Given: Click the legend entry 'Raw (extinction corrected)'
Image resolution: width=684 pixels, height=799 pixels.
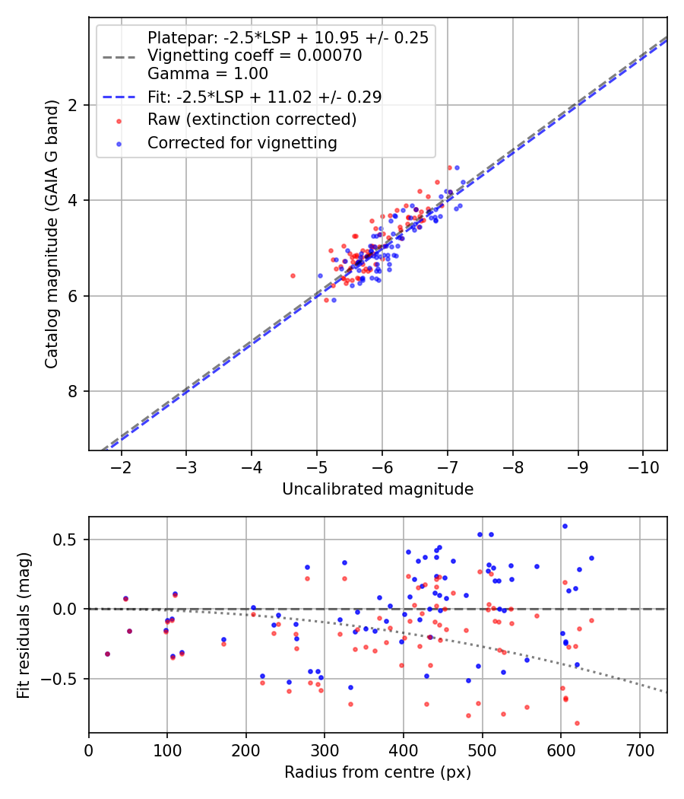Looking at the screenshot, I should [252, 119].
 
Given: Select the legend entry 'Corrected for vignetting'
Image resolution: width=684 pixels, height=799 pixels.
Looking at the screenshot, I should [242, 142].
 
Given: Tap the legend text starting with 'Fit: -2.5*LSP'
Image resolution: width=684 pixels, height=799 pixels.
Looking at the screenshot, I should [264, 97].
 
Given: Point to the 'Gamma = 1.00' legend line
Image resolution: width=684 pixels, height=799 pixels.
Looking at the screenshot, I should [207, 74].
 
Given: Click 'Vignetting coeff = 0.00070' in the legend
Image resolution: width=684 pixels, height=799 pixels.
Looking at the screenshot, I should [254, 56].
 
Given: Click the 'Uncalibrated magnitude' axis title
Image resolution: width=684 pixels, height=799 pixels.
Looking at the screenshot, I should [378, 489].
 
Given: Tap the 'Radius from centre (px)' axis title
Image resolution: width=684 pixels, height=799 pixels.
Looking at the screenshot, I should [378, 772].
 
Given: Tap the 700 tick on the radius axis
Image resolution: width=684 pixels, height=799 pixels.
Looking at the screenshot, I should [639, 749].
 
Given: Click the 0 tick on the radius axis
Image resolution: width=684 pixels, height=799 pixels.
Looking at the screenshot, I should [89, 749].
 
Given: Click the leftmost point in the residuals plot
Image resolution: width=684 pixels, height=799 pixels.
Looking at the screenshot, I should [107, 654].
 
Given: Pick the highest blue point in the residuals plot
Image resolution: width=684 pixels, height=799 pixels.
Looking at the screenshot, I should [565, 526].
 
